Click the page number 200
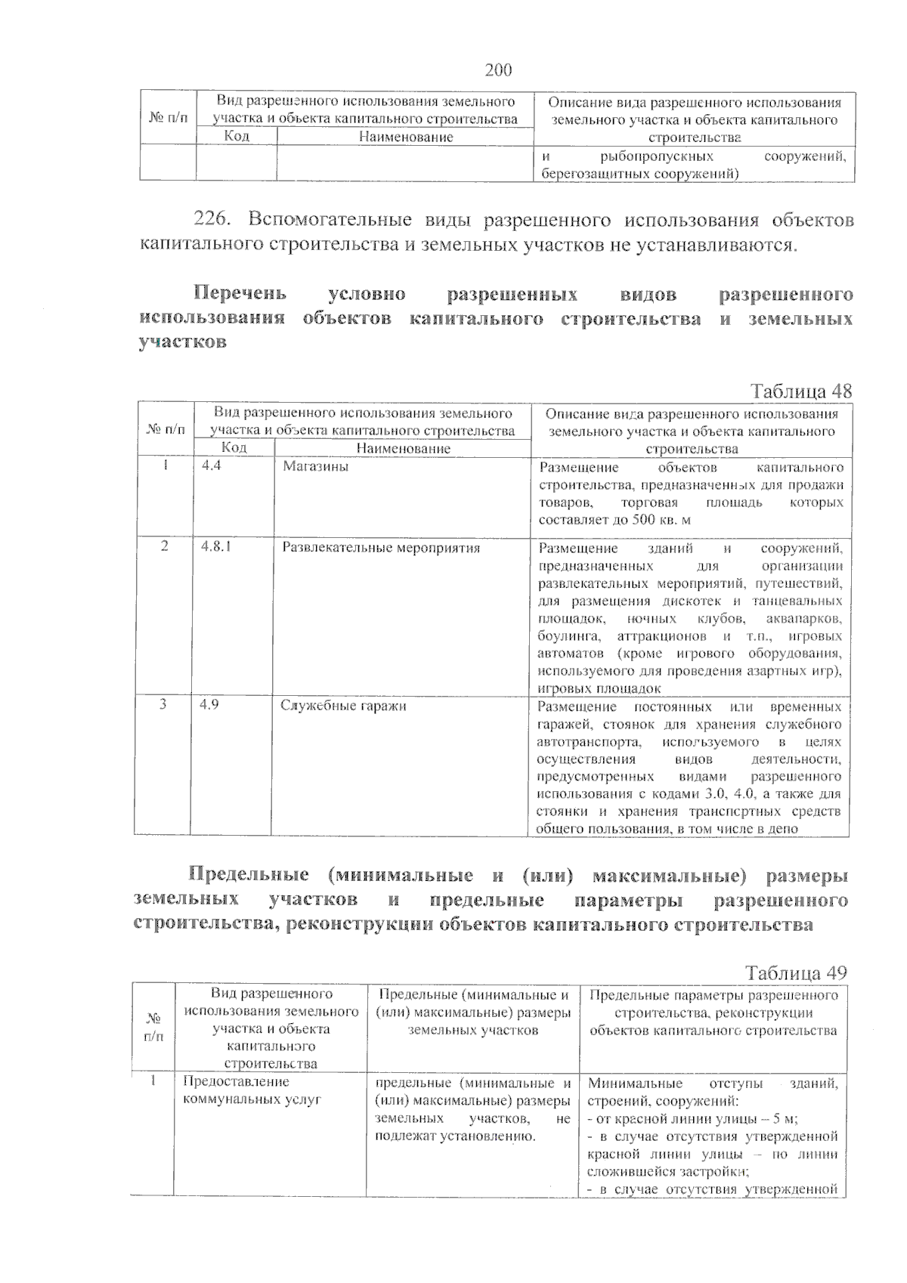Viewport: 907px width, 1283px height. (x=497, y=70)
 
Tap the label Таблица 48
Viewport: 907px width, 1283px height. (x=800, y=391)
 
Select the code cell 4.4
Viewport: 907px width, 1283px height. (x=212, y=466)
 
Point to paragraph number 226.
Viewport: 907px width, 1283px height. (x=211, y=220)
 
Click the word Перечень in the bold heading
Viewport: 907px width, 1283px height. (x=240, y=293)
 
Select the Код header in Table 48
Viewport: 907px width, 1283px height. (x=234, y=448)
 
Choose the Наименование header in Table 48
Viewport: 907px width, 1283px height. (x=403, y=449)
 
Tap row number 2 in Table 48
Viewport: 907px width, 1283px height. (x=164, y=546)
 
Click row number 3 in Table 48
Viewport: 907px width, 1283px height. (x=162, y=704)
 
